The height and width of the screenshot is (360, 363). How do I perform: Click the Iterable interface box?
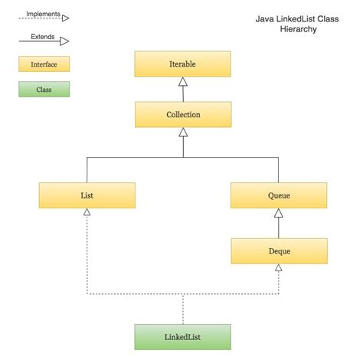[x=182, y=64]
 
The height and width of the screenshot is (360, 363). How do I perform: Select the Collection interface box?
[x=182, y=115]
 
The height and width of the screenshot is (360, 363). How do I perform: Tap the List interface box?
[x=87, y=195]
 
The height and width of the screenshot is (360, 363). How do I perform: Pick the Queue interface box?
[x=279, y=195]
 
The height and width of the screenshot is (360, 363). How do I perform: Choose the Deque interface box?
[x=279, y=250]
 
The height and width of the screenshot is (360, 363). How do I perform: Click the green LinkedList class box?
[x=182, y=337]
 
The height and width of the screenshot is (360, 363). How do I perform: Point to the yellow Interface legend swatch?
[x=44, y=64]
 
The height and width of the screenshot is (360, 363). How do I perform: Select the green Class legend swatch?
[x=44, y=90]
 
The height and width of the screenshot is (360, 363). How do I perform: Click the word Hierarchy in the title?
[x=298, y=29]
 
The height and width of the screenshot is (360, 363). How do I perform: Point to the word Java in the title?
[x=266, y=18]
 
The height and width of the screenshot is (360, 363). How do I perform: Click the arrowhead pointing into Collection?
[x=182, y=133]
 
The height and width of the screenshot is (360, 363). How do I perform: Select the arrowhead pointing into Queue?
[x=279, y=213]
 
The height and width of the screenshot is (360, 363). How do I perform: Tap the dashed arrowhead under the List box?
[x=87, y=213]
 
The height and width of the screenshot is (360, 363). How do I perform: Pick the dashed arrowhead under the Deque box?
[x=279, y=268]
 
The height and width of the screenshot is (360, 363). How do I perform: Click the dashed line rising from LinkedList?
[x=182, y=309]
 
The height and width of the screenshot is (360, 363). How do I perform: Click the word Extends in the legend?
[x=43, y=36]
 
